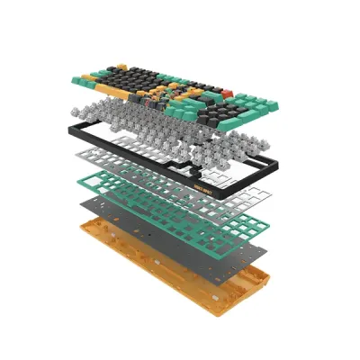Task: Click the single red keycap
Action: click(228, 94)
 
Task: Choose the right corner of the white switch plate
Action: click(271, 193)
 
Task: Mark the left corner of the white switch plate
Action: click(76, 158)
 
